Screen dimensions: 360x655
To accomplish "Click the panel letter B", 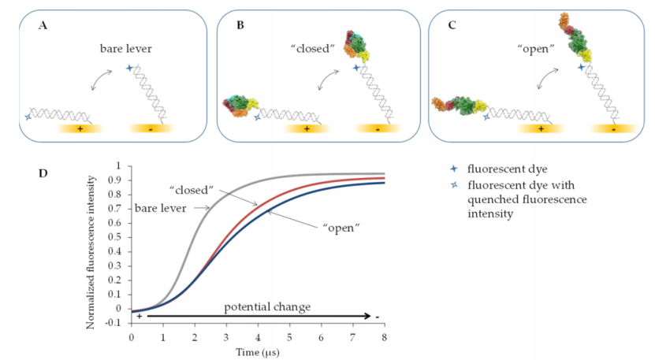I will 240,26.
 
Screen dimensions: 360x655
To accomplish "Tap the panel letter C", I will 452,25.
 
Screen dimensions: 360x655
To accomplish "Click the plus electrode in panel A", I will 78,128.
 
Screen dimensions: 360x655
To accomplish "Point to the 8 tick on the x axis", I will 384,336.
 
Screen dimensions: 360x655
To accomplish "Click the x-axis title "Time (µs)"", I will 259,351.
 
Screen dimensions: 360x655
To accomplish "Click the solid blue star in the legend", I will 449,168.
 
